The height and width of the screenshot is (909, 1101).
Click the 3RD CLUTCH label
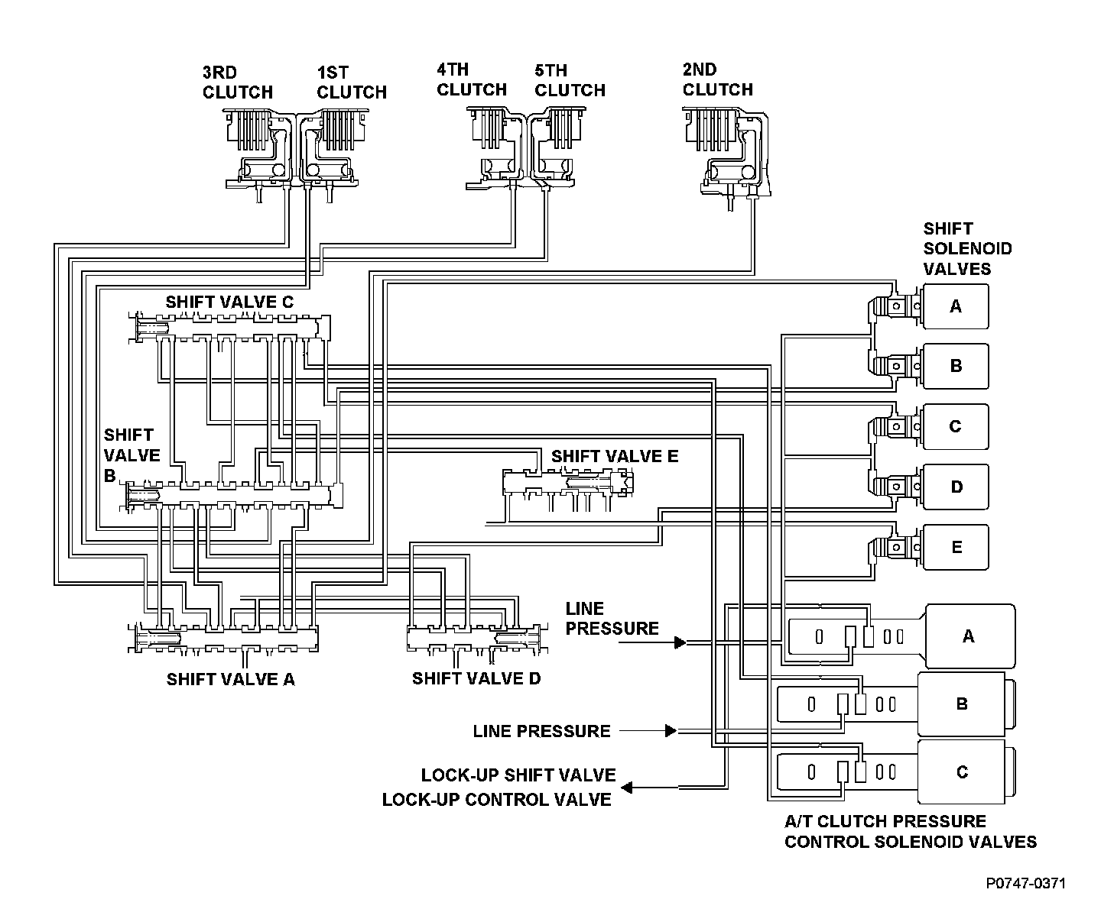point(237,82)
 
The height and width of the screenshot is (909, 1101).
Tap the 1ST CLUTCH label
point(351,82)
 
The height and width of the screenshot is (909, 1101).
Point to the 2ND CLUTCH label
point(717,79)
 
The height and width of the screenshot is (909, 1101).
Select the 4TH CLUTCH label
point(471,79)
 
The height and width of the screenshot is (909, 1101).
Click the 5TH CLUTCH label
point(570,80)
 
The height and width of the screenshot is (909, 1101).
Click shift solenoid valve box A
point(955,306)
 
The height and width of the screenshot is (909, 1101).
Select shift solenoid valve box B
point(955,366)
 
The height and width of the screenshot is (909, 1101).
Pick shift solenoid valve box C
point(955,426)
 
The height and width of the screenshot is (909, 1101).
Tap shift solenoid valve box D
point(955,487)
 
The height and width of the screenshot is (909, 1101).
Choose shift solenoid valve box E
point(955,547)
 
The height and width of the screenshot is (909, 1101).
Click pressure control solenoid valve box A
point(969,636)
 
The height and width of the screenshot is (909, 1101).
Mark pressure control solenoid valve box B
point(963,704)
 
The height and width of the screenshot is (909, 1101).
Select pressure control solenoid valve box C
point(963,772)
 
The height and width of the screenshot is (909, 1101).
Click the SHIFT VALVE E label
point(615,456)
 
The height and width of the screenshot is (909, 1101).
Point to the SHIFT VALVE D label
point(476,678)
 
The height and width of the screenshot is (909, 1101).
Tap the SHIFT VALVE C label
point(229,302)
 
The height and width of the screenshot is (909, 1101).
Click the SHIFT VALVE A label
point(230,679)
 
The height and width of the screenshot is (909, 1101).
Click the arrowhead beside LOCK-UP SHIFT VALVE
point(625,787)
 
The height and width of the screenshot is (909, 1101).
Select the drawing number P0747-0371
point(1025,884)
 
